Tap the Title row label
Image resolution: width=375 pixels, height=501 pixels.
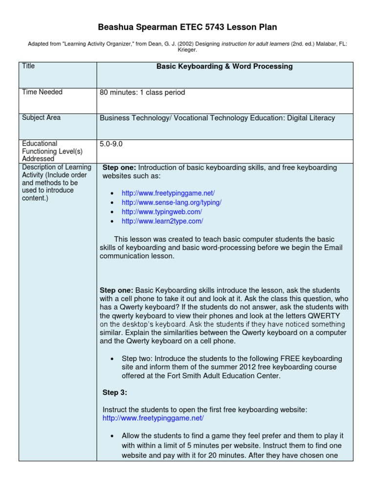(x=28, y=66)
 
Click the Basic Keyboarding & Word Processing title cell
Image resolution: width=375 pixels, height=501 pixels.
(x=224, y=67)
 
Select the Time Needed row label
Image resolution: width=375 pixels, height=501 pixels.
(x=42, y=92)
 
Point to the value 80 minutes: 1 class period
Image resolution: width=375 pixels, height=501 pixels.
(x=142, y=92)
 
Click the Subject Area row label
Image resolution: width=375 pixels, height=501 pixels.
(x=42, y=117)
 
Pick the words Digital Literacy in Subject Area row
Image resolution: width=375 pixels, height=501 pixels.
(x=311, y=118)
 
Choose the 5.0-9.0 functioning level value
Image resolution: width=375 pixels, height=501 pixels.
(x=112, y=144)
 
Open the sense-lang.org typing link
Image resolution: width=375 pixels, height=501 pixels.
(x=171, y=203)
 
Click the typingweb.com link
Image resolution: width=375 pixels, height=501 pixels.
(x=162, y=212)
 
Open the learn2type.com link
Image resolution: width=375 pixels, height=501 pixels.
(x=162, y=221)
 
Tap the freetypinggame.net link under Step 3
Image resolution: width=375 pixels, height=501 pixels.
(x=153, y=418)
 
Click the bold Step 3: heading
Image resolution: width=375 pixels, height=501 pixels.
(x=115, y=392)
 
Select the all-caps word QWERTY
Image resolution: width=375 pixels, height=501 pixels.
(x=325, y=316)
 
